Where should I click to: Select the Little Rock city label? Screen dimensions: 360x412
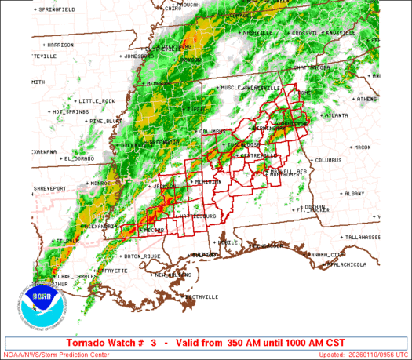[97, 100]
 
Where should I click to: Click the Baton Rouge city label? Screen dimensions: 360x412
[143, 256]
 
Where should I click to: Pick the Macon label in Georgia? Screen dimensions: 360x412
[362, 147]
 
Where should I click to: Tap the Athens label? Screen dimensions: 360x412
[366, 100]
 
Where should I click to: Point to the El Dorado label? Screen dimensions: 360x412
[77, 158]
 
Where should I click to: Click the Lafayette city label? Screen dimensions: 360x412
[113, 271]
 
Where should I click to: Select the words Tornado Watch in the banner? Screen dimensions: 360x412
[92, 343]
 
